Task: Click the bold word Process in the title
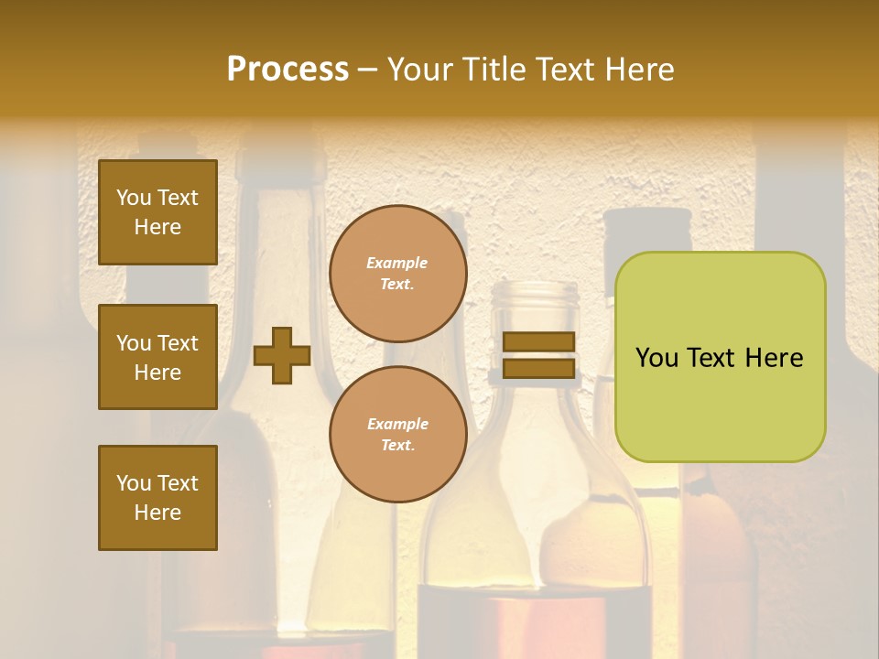pos(288,69)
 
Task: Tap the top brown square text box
pos(157,212)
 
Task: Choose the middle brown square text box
pos(157,357)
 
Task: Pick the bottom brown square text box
pos(157,497)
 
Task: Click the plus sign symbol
pos(281,356)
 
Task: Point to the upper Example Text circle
pos(397,274)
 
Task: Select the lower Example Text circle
pos(397,435)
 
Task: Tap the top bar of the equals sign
pos(538,341)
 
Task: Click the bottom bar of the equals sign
pos(538,368)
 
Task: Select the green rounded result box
pos(720,357)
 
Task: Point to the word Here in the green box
pos(774,358)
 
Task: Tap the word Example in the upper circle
pos(396,263)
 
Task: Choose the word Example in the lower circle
pos(397,424)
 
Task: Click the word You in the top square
pos(134,198)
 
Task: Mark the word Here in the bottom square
pos(157,513)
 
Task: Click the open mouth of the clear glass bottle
pos(536,291)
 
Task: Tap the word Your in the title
pos(420,69)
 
